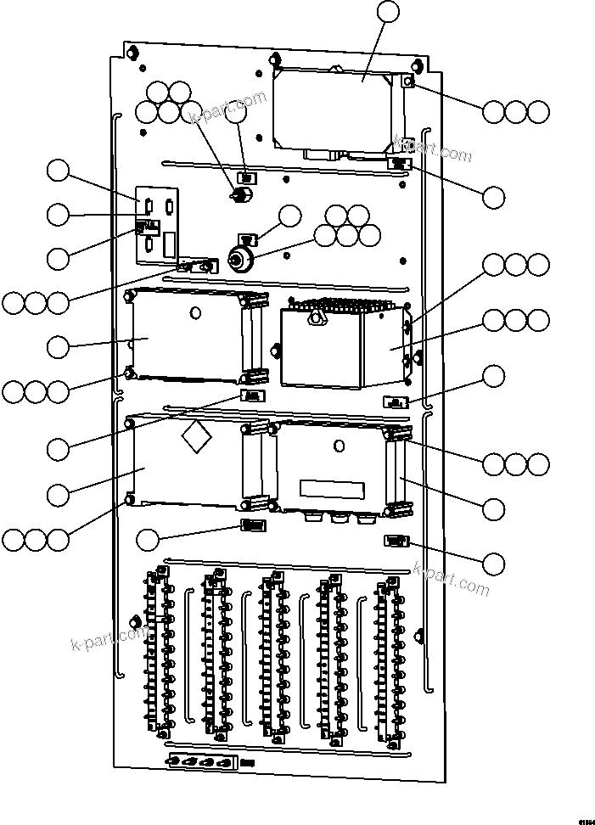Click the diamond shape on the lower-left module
[196, 437]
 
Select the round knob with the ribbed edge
[243, 259]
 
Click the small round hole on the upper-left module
[196, 313]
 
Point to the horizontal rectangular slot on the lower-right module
[333, 489]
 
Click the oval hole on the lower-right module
[338, 446]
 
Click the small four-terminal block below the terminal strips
[202, 762]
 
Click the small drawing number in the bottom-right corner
[586, 821]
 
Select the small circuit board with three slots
[158, 225]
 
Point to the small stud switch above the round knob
[239, 195]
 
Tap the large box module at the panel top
[335, 110]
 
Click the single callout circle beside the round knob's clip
[289, 215]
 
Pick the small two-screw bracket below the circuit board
[196, 267]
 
